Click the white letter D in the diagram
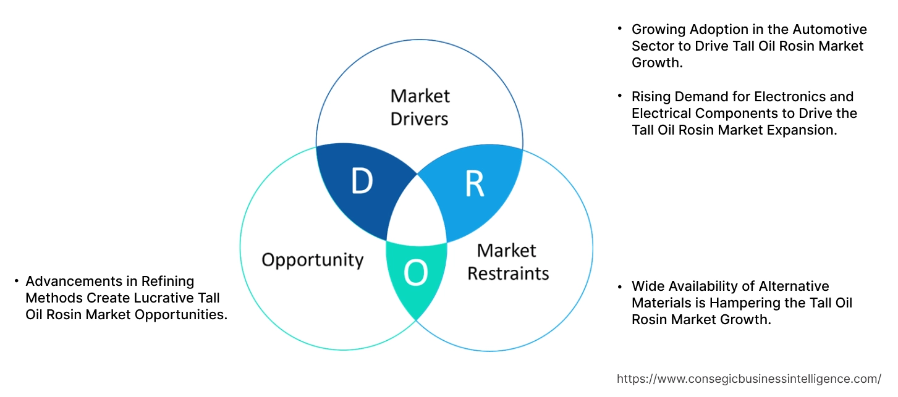362,181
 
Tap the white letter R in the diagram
474,183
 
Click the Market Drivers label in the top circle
420,107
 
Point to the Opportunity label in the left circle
312,259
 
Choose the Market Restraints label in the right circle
507,261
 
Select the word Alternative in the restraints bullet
793,286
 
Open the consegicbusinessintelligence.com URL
749,378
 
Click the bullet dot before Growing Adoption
619,30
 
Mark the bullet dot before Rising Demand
619,97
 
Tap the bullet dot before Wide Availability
619,286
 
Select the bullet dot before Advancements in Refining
16,282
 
